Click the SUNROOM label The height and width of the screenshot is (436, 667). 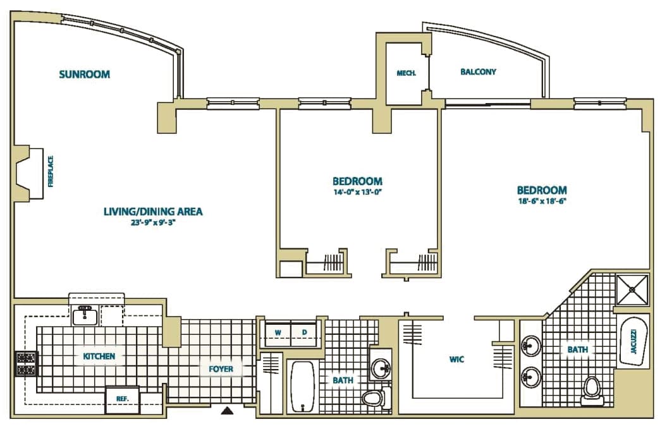coord(84,75)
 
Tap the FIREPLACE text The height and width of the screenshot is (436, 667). coord(51,172)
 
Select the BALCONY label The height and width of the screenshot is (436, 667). coord(478,72)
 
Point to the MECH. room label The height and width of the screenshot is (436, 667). coord(407,73)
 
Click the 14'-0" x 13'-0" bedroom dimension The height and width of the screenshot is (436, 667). coord(357,191)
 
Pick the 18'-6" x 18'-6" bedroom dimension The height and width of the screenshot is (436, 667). coord(542,201)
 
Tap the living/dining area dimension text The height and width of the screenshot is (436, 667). coord(153,222)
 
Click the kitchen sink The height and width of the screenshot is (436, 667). coord(85,316)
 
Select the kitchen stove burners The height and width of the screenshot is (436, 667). coord(27,363)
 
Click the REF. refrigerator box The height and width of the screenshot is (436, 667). coord(122,399)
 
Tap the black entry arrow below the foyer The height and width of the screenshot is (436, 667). coord(228,411)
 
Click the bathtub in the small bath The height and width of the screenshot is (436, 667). coord(302,386)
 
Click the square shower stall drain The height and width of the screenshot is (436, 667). coord(632,289)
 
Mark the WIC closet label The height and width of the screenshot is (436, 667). coord(456,360)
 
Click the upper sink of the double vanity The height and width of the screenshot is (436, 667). coord(531,345)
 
